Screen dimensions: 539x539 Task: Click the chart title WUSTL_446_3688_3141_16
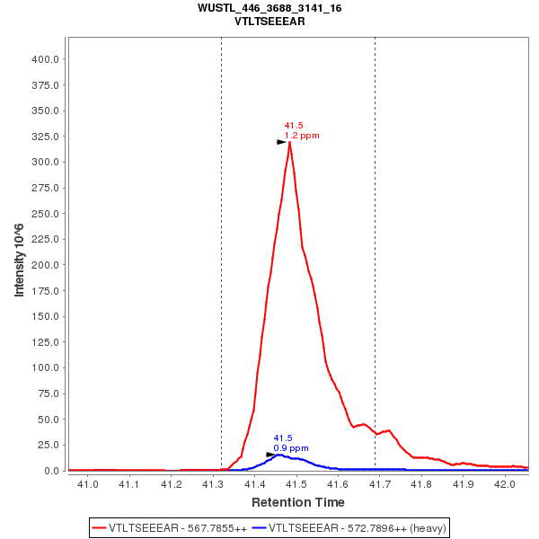pyautogui.click(x=269, y=8)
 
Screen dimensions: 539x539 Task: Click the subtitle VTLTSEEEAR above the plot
pyautogui.click(x=269, y=21)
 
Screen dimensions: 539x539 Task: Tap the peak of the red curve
pyautogui.click(x=289, y=142)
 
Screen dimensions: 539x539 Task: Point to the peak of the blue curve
pyautogui.click(x=279, y=455)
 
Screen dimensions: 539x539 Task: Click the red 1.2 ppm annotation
pyautogui.click(x=302, y=136)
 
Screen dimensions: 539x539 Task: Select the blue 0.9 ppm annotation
pyautogui.click(x=291, y=448)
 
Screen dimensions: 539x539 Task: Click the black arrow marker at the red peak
pyautogui.click(x=281, y=142)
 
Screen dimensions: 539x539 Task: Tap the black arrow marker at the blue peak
pyautogui.click(x=270, y=455)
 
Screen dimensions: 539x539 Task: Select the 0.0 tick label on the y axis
pyautogui.click(x=52, y=471)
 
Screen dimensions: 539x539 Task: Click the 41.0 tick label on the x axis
pyautogui.click(x=88, y=485)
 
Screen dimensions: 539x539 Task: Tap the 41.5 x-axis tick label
pyautogui.click(x=296, y=485)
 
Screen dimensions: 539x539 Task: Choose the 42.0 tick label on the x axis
pyautogui.click(x=506, y=485)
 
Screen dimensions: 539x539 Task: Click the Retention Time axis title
pyautogui.click(x=297, y=502)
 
